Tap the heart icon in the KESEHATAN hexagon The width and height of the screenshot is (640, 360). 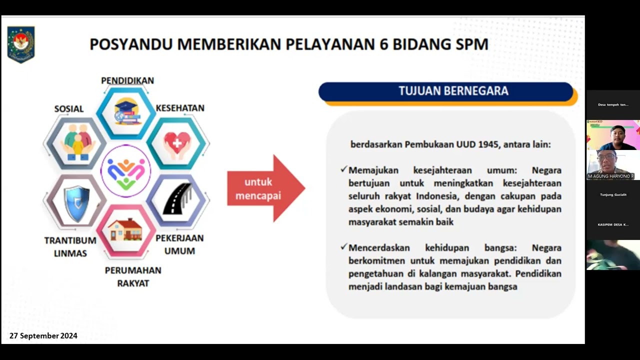(177, 143)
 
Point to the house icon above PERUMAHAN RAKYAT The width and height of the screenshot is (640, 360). (125, 229)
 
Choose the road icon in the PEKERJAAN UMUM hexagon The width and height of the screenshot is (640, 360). (177, 199)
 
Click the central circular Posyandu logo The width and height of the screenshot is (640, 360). (125, 171)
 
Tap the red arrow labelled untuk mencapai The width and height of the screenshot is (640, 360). (265, 188)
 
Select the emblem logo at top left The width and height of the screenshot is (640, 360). (20, 44)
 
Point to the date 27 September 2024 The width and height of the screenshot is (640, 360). (43, 336)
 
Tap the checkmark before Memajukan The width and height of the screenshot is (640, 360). (343, 170)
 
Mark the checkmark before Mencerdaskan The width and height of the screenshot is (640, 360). (343, 247)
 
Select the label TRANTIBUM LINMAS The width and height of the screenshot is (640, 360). (70, 247)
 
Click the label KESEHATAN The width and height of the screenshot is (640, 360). (180, 108)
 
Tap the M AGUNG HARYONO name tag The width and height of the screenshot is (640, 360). (611, 176)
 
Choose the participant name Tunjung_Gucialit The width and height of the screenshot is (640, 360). (613, 194)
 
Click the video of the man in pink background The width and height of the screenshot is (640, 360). (613, 135)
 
